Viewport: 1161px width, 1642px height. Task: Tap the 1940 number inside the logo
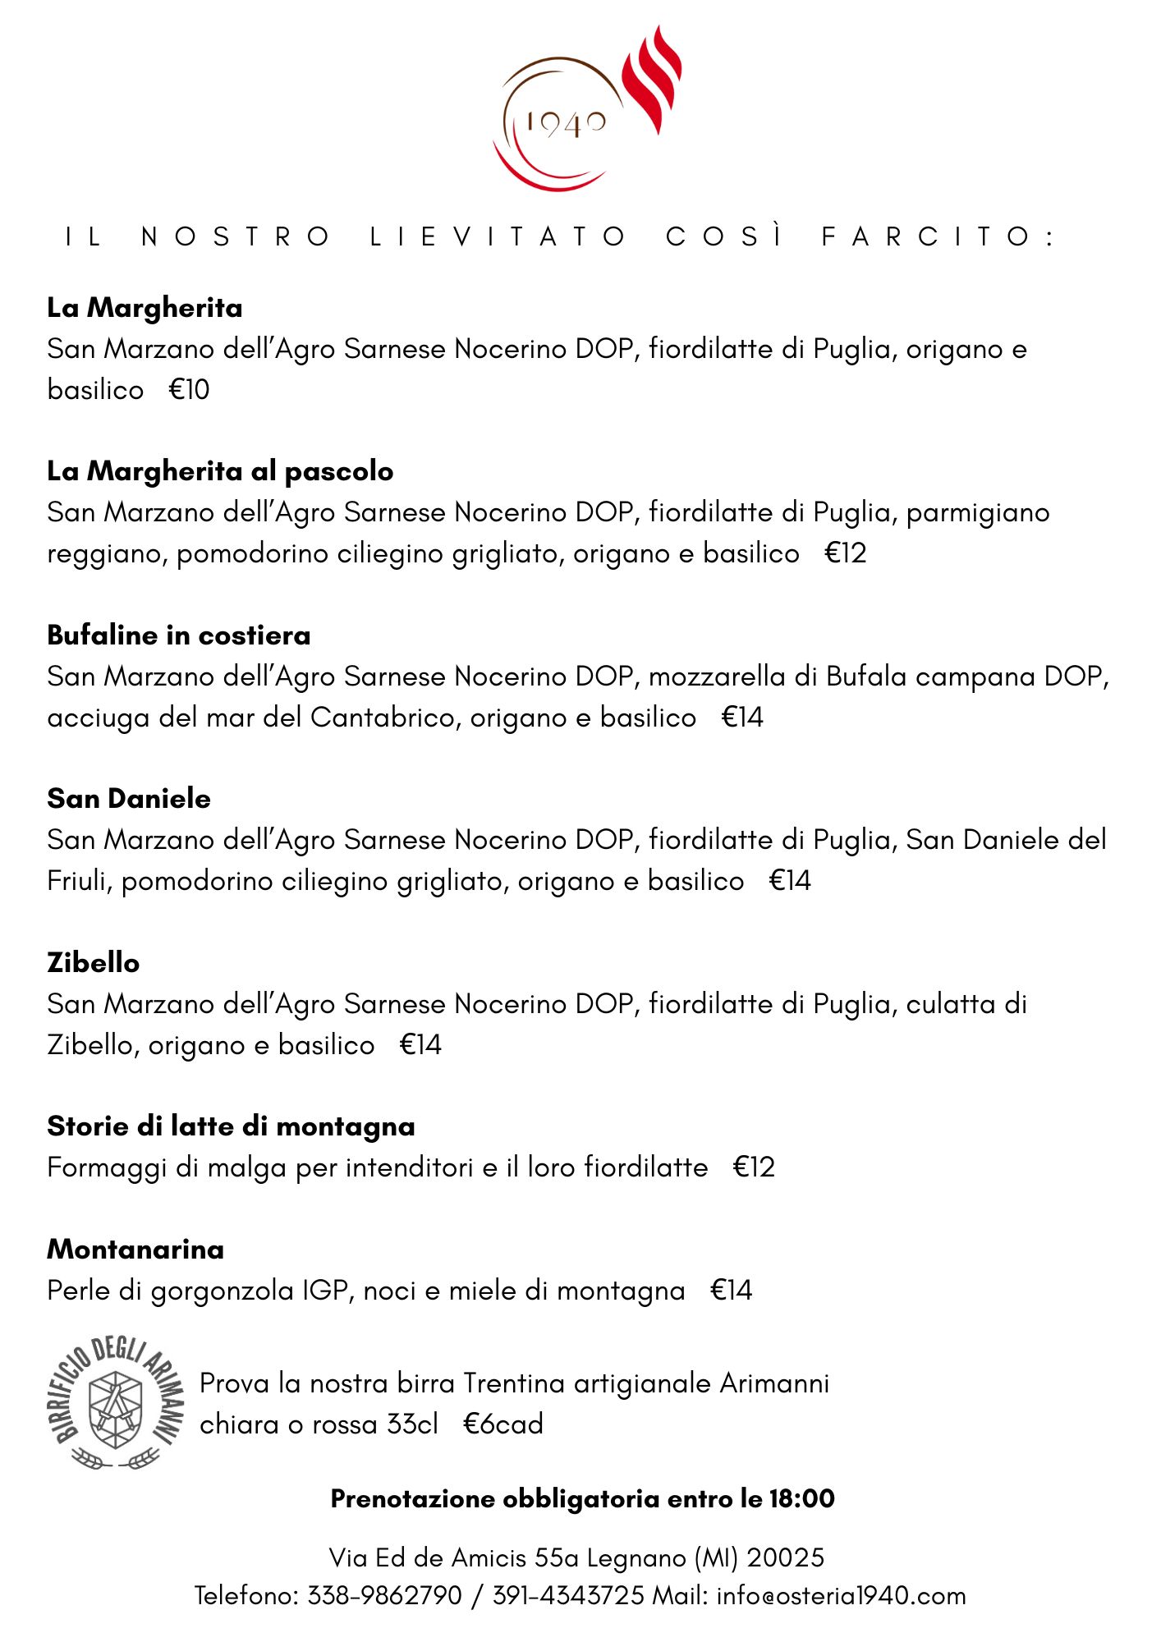(566, 124)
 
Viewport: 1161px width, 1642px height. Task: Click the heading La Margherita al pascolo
(220, 471)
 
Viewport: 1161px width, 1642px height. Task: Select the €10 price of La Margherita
(190, 389)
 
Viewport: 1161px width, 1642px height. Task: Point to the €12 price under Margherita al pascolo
(846, 553)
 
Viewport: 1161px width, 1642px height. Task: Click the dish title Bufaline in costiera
(179, 635)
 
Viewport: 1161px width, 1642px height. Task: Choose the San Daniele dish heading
(129, 799)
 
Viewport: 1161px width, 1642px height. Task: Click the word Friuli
(80, 881)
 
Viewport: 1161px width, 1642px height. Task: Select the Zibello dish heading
(94, 962)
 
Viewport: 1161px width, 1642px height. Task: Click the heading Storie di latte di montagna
(231, 1126)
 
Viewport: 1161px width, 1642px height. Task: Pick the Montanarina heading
(135, 1250)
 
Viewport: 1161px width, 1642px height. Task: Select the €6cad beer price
(502, 1424)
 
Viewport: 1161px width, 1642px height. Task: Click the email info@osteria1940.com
(841, 1595)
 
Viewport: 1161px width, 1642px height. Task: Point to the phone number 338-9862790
(384, 1595)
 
